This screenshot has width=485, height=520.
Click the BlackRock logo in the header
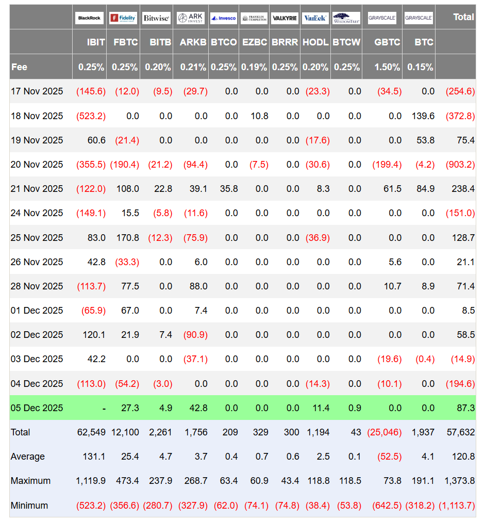(90, 18)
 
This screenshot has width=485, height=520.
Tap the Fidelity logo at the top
(123, 18)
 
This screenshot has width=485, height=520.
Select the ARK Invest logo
(191, 18)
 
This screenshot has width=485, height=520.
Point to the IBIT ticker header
(96, 42)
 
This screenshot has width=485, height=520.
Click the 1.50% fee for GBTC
(388, 67)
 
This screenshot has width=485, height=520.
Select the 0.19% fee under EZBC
(255, 67)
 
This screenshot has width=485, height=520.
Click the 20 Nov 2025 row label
(37, 165)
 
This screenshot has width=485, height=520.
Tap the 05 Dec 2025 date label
(37, 408)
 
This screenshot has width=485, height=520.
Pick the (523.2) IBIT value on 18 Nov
(91, 116)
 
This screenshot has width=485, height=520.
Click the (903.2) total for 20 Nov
(460, 165)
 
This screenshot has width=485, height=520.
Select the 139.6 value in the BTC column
(423, 116)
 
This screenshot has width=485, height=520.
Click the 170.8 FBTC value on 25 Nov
(128, 238)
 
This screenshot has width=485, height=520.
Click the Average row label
(28, 457)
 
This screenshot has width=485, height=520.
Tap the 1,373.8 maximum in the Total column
(459, 481)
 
